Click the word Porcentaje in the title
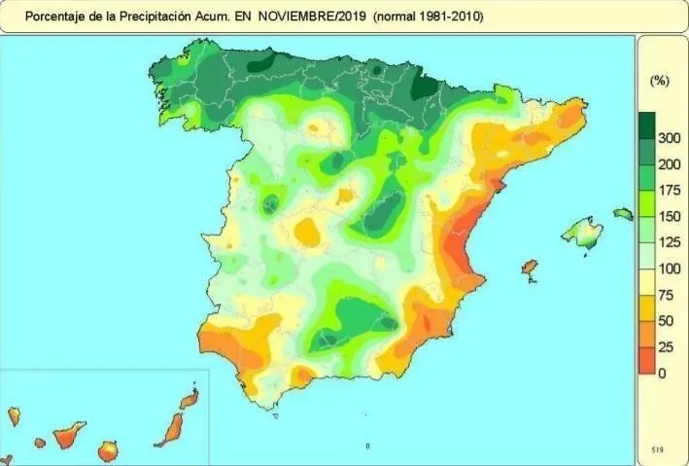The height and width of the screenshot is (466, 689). (53, 18)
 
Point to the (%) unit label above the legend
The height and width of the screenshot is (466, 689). (659, 81)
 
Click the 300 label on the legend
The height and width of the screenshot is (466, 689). (669, 138)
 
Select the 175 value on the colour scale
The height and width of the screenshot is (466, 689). (669, 191)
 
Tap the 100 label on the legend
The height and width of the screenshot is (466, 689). (669, 269)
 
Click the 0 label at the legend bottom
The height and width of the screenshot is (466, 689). (663, 374)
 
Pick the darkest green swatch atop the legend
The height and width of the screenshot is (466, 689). (646, 125)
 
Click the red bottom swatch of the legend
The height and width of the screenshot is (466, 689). (646, 361)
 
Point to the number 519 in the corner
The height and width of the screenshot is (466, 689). (658, 450)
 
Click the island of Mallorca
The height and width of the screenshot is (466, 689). (583, 233)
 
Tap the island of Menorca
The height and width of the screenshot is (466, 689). (623, 213)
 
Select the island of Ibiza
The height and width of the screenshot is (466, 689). (530, 267)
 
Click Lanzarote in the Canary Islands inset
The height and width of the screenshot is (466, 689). (189, 399)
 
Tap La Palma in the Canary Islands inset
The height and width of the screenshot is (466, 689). (14, 416)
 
